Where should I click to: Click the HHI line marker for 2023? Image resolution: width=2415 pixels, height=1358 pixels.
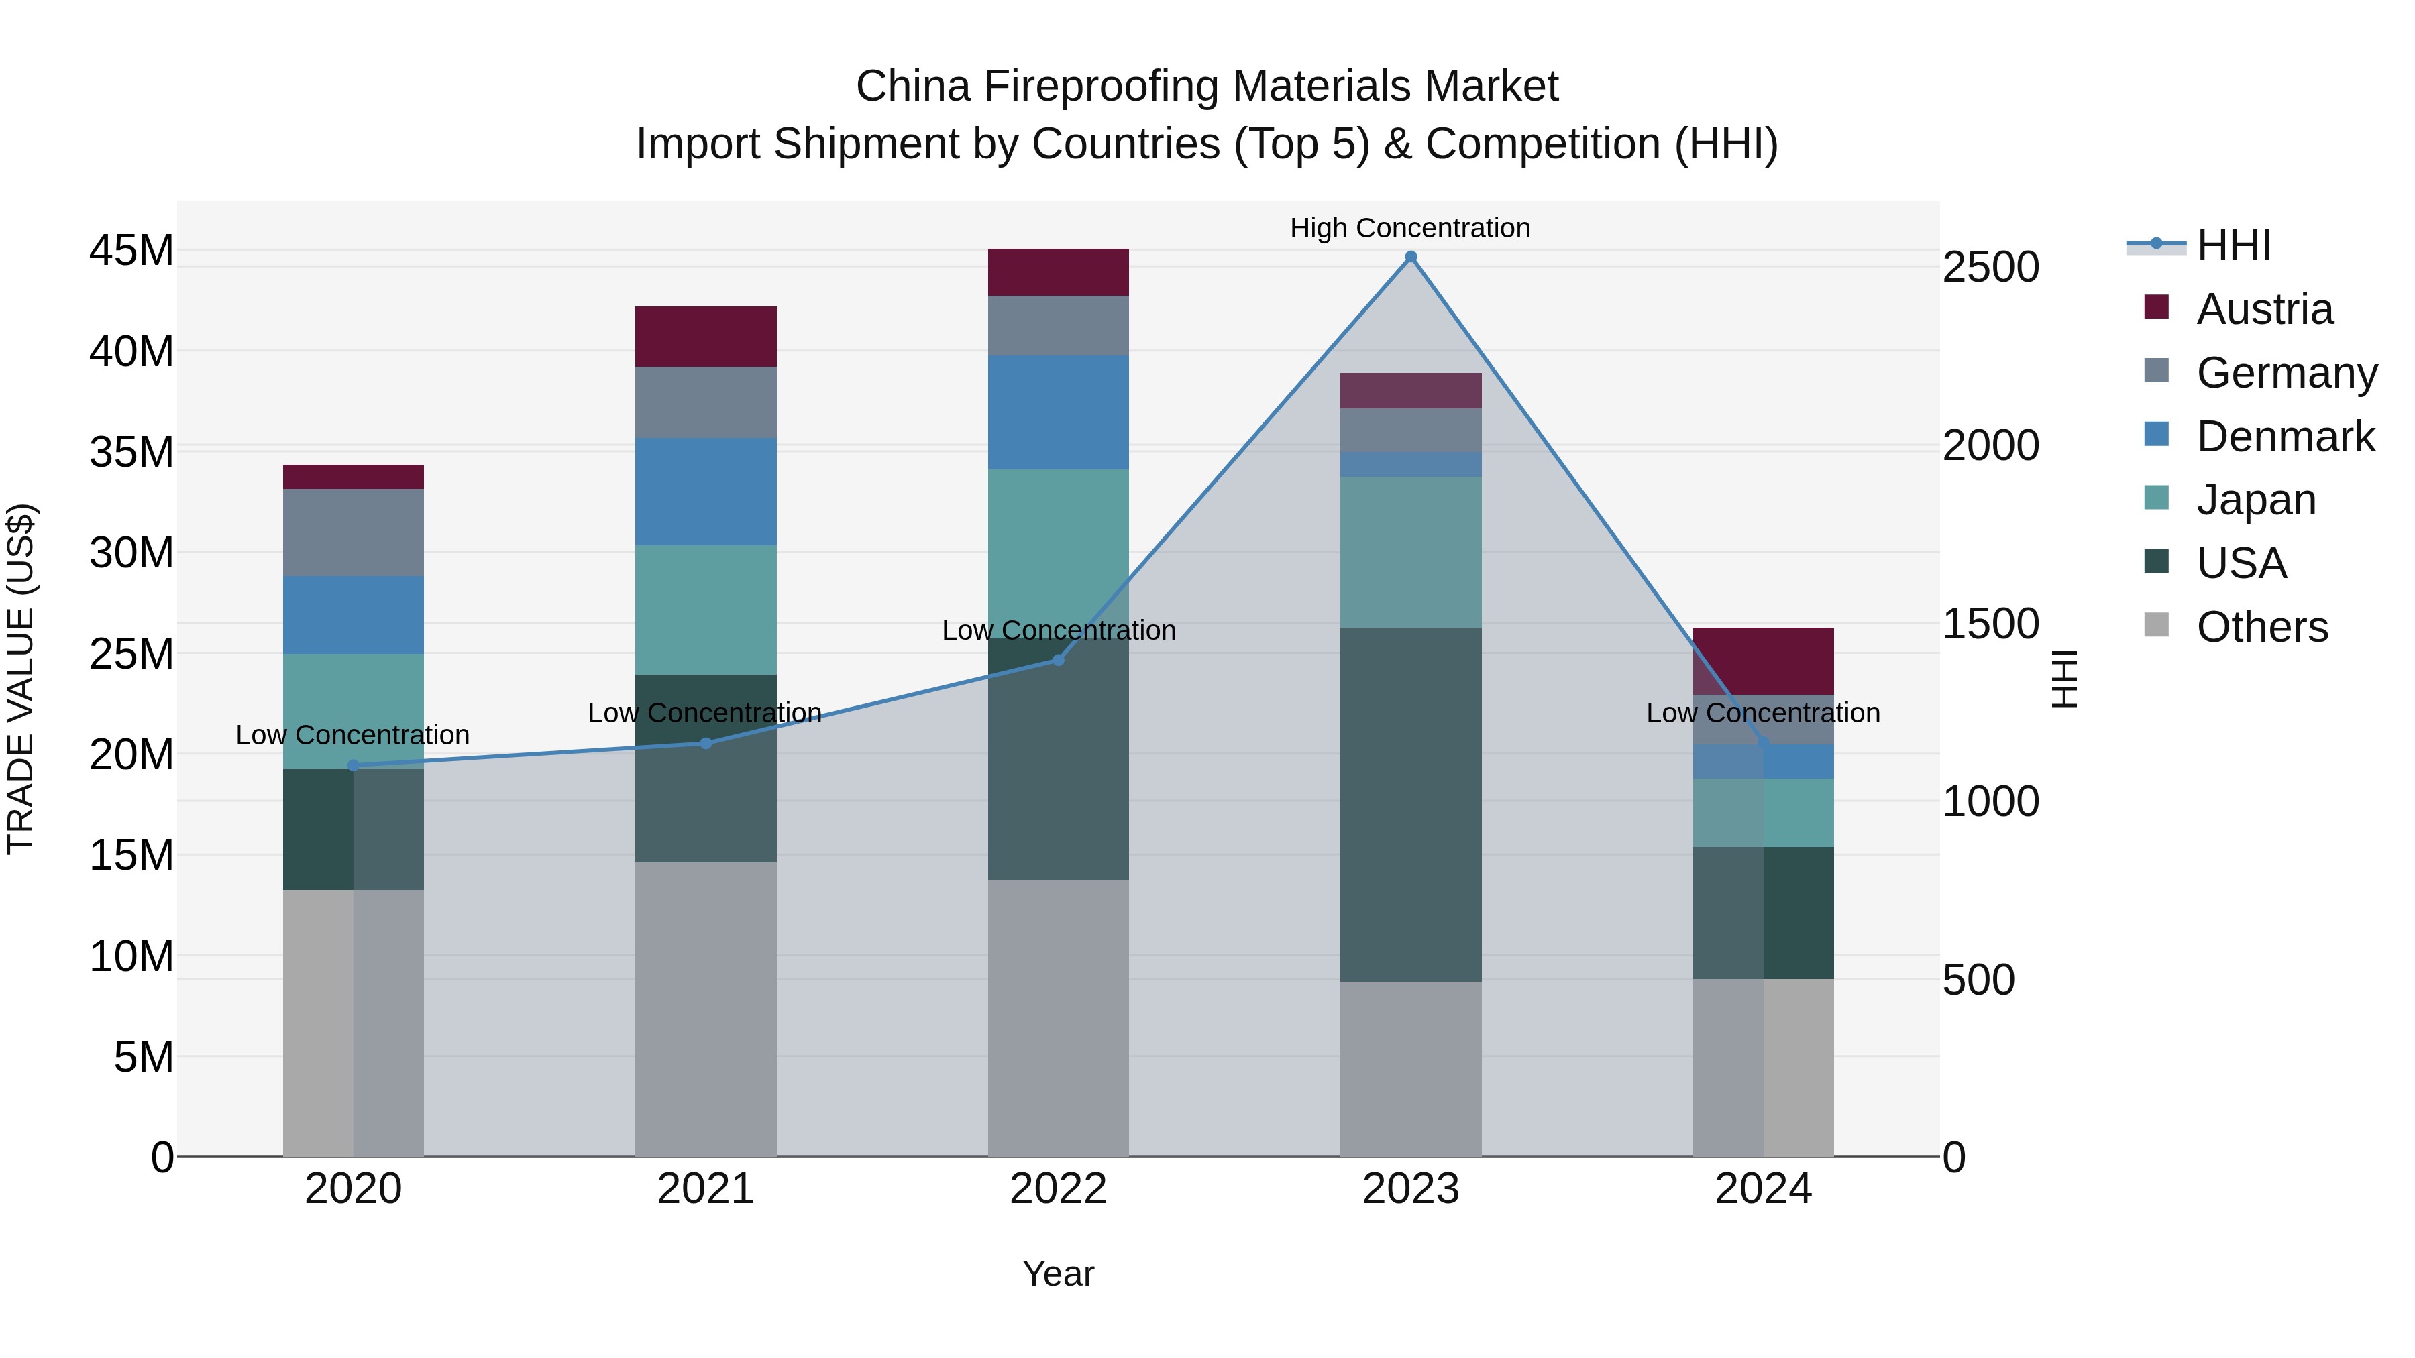1410,257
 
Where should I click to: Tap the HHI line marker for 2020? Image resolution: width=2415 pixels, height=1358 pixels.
354,766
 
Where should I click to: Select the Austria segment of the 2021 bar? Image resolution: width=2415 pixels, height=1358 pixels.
705,337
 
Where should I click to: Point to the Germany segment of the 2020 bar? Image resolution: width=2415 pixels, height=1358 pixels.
354,532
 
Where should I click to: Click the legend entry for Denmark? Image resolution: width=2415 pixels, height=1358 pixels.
2285,437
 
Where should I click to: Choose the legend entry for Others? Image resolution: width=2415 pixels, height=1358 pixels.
2261,627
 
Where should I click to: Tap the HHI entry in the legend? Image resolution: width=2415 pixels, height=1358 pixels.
2233,245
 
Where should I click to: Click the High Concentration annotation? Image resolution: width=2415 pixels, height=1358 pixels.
1410,228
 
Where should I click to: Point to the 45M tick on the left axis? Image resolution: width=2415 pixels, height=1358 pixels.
131,251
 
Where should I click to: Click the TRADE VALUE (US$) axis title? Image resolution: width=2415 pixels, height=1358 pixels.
21,679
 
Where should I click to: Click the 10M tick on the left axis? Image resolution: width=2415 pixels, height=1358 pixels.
131,957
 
